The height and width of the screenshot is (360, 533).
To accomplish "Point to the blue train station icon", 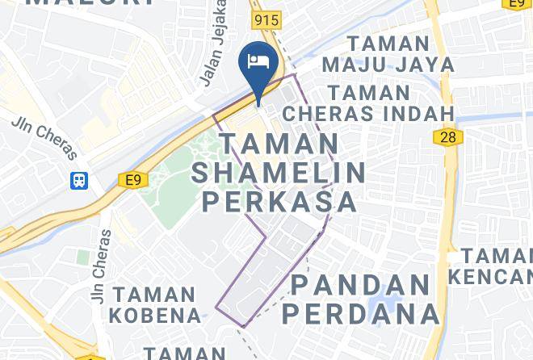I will coord(79,180).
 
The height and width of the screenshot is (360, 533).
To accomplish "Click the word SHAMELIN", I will coord(279,172).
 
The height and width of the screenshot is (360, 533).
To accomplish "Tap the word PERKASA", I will coord(279,201).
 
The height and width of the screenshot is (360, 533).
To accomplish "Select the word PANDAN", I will coord(360,285).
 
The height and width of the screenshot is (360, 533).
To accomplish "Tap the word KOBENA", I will coord(157,314).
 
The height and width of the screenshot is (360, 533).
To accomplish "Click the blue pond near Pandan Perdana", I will coord(378,310).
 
